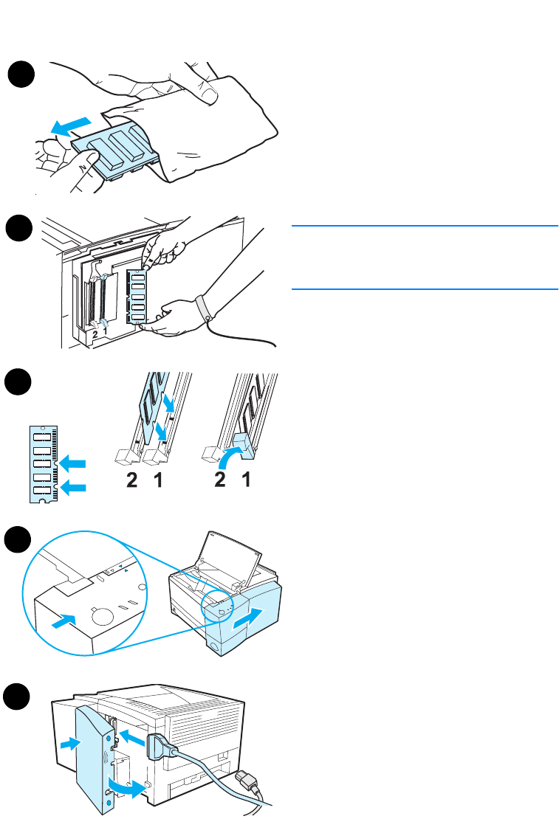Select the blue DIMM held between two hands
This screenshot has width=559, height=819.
(137, 297)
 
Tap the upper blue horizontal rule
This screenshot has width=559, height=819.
(424, 226)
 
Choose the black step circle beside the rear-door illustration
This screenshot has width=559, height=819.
(21, 697)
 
